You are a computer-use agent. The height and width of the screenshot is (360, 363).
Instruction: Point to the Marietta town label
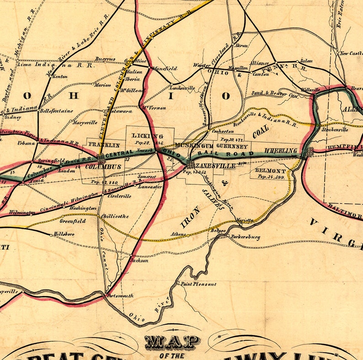point(244,220)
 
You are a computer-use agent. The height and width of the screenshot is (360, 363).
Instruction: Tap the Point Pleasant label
point(199,284)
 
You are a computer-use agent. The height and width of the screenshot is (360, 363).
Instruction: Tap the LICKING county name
point(147,136)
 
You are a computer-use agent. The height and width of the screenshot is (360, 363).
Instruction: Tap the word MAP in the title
point(172,342)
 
